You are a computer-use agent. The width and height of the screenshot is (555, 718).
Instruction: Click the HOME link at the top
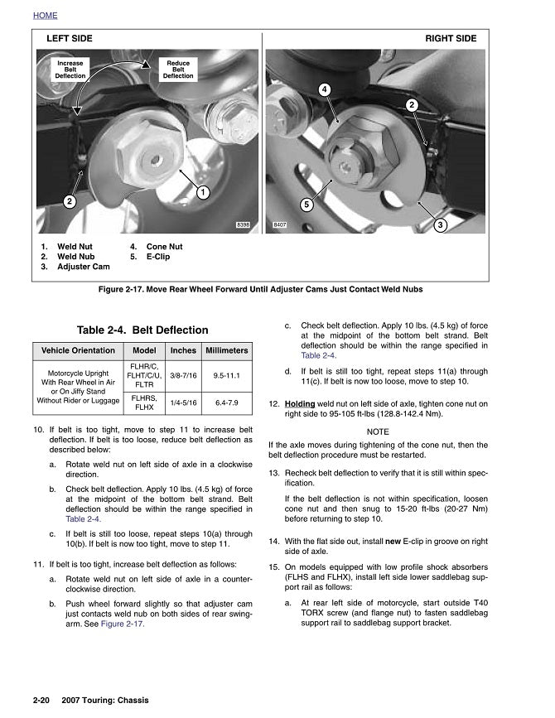[46, 15]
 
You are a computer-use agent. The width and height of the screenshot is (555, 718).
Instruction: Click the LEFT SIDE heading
[70, 39]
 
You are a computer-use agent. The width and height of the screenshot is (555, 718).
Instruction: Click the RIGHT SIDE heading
[451, 39]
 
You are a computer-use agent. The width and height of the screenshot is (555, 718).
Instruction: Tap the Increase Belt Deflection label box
[70, 70]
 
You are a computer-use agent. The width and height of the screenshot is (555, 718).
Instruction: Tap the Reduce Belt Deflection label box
[178, 70]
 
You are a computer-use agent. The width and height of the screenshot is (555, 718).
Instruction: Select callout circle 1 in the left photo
[201, 192]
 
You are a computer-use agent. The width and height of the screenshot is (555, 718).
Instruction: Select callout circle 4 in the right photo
[325, 89]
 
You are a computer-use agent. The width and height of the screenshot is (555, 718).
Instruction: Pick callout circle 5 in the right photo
[306, 204]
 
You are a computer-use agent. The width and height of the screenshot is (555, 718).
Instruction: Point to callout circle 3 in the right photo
[441, 224]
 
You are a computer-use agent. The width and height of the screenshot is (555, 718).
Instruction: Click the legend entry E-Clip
[157, 257]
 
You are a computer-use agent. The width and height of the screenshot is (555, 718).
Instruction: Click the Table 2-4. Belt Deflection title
[142, 330]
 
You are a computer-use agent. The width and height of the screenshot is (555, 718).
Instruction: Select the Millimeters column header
[226, 350]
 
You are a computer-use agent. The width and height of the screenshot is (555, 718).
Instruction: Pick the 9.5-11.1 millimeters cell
[226, 376]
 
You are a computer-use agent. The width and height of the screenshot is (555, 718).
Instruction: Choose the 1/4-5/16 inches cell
[183, 403]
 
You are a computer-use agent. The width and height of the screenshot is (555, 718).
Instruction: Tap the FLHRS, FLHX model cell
[144, 403]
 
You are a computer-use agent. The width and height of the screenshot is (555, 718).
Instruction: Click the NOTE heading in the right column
[377, 431]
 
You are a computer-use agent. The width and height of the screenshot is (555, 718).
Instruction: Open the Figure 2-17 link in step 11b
[123, 624]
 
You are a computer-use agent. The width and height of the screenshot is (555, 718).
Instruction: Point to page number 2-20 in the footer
[43, 701]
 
